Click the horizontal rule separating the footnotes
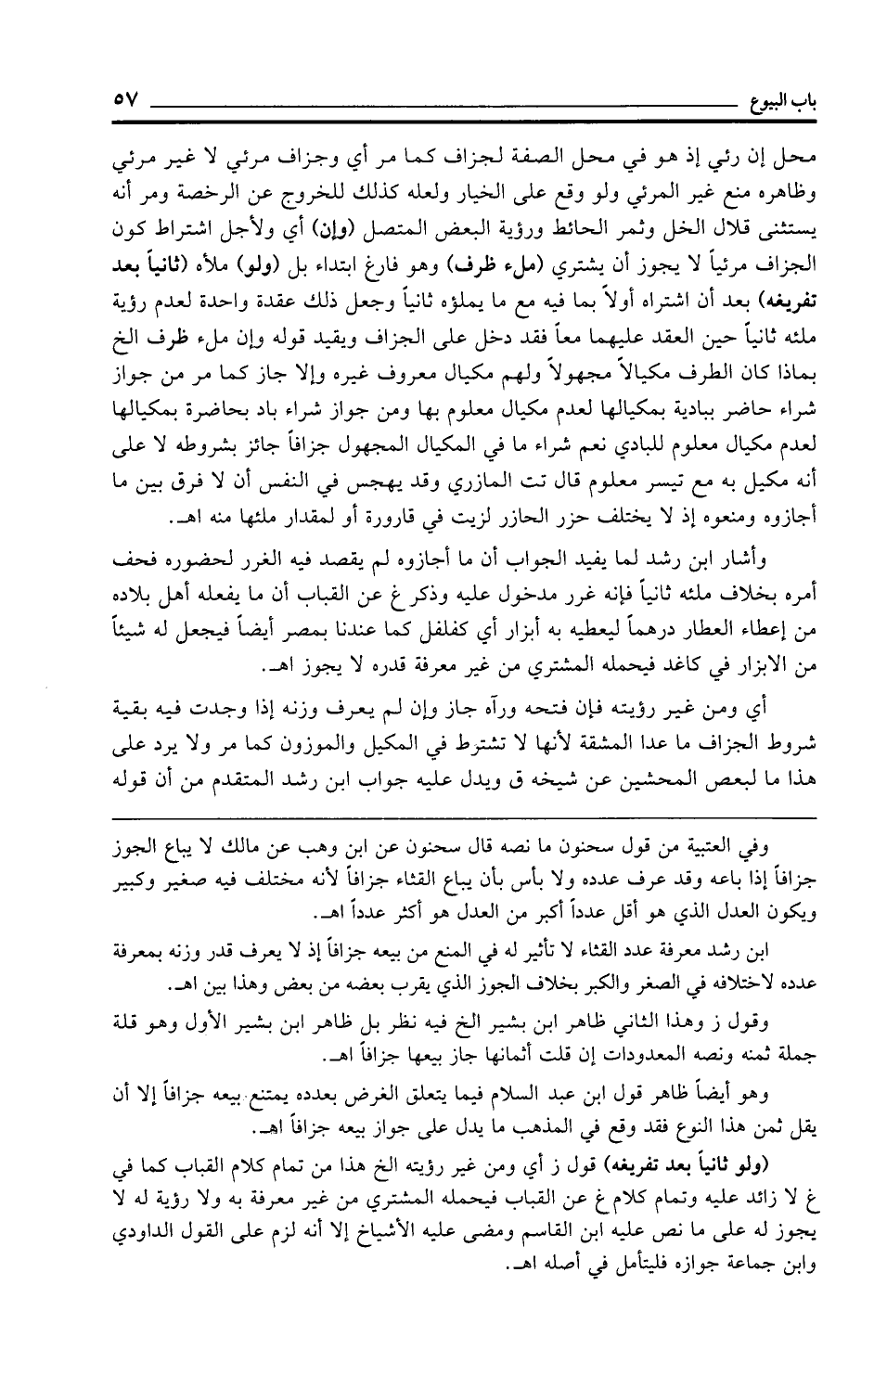(464, 817)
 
